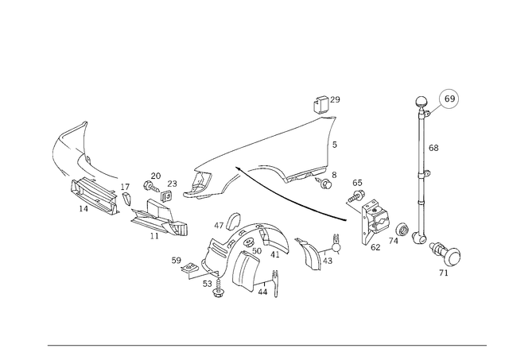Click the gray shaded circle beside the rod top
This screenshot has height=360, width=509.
[x=449, y=99]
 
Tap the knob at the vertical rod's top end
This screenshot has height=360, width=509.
[x=422, y=103]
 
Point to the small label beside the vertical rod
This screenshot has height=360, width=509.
[x=433, y=148]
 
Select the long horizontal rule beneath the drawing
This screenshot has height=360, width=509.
[x=266, y=343]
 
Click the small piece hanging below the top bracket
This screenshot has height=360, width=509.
[x=332, y=144]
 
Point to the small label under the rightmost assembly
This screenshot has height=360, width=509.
[x=443, y=274]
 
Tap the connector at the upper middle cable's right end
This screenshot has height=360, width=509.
[x=322, y=176]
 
